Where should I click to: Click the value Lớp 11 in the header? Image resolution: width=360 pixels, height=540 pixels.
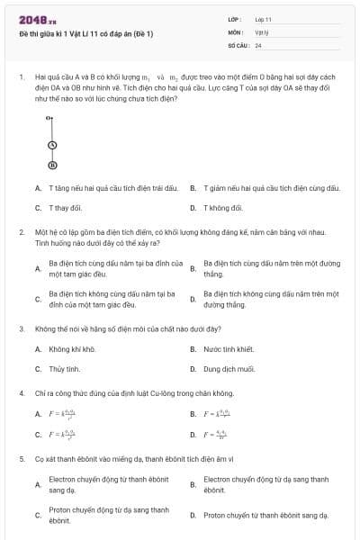click(263, 19)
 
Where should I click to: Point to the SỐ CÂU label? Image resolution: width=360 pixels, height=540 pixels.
click(238, 44)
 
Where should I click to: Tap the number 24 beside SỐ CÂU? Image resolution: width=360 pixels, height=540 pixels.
click(258, 44)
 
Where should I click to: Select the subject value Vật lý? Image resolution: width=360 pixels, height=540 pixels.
click(262, 31)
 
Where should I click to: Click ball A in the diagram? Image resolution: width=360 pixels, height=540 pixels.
click(52, 144)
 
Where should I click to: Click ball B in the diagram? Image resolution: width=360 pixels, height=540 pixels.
click(52, 165)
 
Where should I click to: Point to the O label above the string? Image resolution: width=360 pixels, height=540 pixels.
click(49, 118)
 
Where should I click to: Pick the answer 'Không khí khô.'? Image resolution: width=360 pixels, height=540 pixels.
click(72, 349)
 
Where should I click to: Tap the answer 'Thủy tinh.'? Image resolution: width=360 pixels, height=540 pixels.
click(65, 369)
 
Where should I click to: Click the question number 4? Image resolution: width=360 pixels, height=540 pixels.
click(22, 393)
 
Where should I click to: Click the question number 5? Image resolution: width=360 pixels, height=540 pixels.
click(22, 458)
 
